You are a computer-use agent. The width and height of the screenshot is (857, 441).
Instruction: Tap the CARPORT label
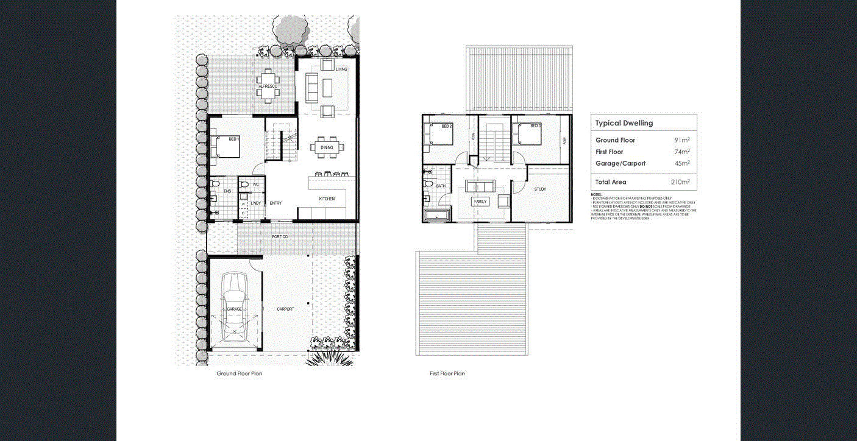285,309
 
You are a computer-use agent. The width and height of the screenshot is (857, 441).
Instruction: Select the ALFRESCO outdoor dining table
268,80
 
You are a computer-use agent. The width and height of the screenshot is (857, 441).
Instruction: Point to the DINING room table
327,147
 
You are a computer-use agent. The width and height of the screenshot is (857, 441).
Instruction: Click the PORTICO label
280,236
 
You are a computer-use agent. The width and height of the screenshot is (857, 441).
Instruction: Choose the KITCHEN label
327,199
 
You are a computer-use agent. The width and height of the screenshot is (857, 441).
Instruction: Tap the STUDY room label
540,189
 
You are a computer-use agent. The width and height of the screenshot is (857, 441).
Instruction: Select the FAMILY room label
480,201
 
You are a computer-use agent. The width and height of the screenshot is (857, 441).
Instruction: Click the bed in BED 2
439,135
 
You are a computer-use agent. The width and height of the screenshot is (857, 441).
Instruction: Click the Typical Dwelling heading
624,123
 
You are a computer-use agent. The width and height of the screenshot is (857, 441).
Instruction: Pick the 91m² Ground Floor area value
682,141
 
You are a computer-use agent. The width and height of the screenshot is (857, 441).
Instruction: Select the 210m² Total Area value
680,182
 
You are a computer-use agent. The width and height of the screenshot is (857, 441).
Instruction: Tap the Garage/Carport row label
620,163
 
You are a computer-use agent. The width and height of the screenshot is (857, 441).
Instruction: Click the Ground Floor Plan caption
240,373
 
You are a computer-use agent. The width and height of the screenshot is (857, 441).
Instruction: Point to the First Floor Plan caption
447,373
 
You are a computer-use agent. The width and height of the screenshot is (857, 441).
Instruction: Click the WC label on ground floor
256,184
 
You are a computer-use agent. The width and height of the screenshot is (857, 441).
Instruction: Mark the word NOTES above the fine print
596,194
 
